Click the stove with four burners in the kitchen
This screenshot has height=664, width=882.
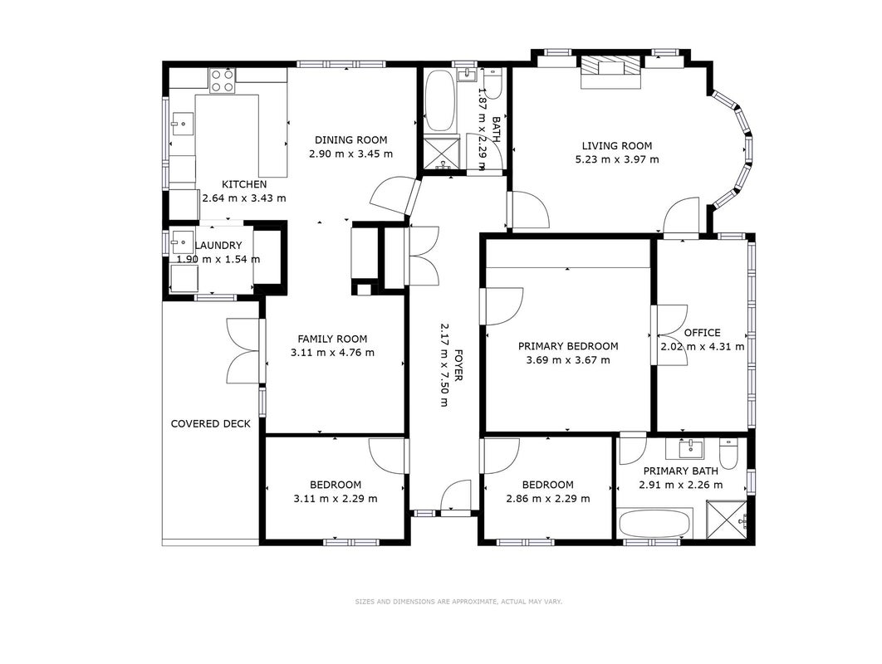pyautogui.click(x=223, y=81)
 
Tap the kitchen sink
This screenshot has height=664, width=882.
pyautogui.click(x=182, y=124)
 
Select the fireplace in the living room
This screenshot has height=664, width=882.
pyautogui.click(x=611, y=71)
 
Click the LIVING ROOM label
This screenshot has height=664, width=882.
pyautogui.click(x=616, y=145)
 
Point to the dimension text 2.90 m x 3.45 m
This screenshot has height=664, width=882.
pyautogui.click(x=351, y=154)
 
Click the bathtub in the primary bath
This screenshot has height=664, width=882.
pyautogui.click(x=654, y=525)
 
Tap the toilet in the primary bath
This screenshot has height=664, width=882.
pyautogui.click(x=728, y=454)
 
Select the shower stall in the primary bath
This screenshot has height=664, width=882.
pyautogui.click(x=727, y=519)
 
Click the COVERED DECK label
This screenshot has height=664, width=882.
pyautogui.click(x=210, y=423)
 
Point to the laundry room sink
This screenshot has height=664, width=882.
pyautogui.click(x=182, y=242)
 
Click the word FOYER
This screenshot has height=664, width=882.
pyautogui.click(x=458, y=365)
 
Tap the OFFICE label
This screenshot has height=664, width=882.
pyautogui.click(x=702, y=332)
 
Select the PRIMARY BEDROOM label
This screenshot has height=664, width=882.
pyautogui.click(x=568, y=346)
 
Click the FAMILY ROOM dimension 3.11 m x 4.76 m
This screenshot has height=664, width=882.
pyautogui.click(x=332, y=353)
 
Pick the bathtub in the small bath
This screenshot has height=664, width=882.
pyautogui.click(x=439, y=100)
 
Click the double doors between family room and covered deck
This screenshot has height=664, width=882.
pyautogui.click(x=243, y=351)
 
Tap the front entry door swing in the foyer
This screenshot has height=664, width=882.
pyautogui.click(x=455, y=496)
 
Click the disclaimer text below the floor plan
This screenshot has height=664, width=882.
pyautogui.click(x=458, y=602)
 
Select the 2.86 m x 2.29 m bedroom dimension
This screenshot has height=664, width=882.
pyautogui.click(x=548, y=499)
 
